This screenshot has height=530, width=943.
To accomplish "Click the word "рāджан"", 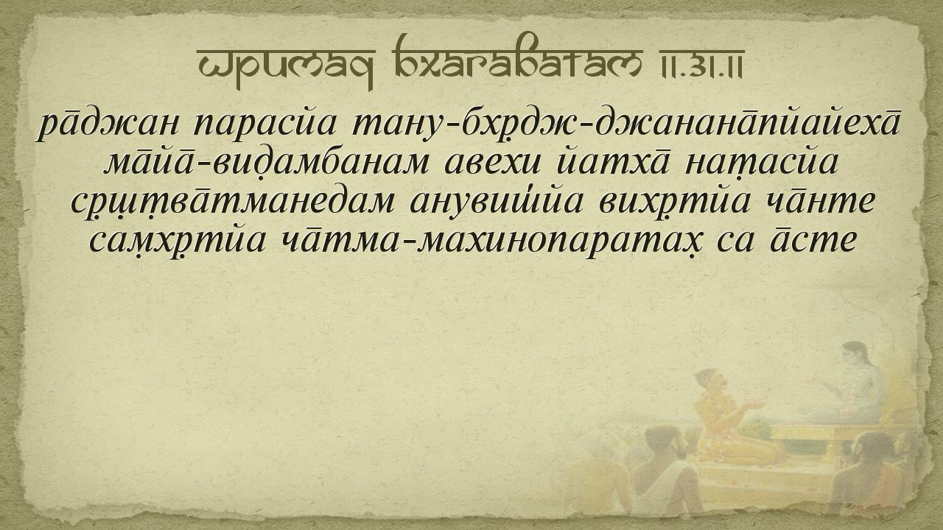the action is tap(108, 125).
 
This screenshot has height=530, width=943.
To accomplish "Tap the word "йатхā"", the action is tap(612, 162).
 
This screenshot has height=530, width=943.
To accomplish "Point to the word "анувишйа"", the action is tap(497, 201).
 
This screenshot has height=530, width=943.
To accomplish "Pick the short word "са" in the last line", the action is tap(733, 242).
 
